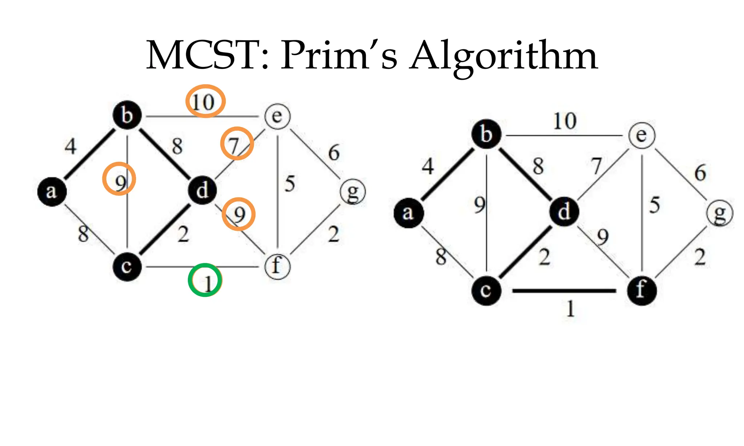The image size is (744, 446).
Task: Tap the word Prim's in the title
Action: pyautogui.click(x=339, y=55)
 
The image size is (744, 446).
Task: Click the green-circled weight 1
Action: pyautogui.click(x=205, y=280)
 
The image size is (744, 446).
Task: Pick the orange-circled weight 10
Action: pyautogui.click(x=205, y=101)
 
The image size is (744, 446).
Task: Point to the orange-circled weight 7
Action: pyautogui.click(x=237, y=144)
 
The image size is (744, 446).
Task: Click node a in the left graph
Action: pyautogui.click(x=52, y=191)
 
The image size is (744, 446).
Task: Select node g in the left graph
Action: pyautogui.click(x=353, y=192)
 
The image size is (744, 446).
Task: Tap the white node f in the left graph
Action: pyautogui.click(x=277, y=266)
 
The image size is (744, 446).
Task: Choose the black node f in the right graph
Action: pyautogui.click(x=642, y=290)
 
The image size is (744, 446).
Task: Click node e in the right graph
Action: pyautogui.click(x=642, y=136)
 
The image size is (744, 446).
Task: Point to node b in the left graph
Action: pyautogui.click(x=127, y=115)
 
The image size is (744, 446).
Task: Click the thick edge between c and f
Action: pyautogui.click(x=564, y=291)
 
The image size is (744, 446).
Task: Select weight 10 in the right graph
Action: pyautogui.click(x=565, y=121)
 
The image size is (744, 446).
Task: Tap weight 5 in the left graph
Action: pyautogui.click(x=290, y=184)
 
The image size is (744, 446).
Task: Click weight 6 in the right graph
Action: pyautogui.click(x=700, y=173)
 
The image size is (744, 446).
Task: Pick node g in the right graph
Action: pyautogui.click(x=719, y=213)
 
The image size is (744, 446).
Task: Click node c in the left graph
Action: pyautogui.click(x=127, y=267)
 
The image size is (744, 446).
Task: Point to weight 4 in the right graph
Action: pyautogui.click(x=428, y=167)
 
